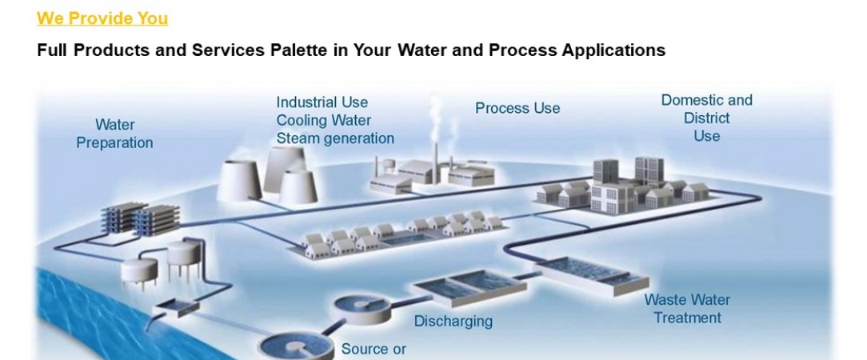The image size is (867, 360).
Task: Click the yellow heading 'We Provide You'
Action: (x=102, y=18)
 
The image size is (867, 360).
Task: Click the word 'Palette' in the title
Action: (x=298, y=50)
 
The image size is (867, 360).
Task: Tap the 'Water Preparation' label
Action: (x=114, y=134)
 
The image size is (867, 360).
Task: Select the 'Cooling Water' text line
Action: (x=323, y=121)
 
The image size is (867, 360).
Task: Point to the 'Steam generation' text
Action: (x=335, y=139)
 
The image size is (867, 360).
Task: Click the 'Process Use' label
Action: (x=517, y=108)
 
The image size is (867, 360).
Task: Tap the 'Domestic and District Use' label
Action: (x=707, y=118)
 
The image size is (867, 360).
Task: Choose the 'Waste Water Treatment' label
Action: (x=687, y=309)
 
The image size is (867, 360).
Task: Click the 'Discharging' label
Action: (x=453, y=322)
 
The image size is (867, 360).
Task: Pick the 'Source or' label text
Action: (x=374, y=350)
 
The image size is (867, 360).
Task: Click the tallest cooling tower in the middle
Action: (x=284, y=168)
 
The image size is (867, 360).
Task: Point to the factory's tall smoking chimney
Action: (x=436, y=162)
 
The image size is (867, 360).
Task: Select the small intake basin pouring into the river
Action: (x=177, y=308)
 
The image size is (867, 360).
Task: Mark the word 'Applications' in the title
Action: (x=613, y=50)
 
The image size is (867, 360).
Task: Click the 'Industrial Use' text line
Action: (x=322, y=103)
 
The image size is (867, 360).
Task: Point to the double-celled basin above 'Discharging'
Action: (x=469, y=287)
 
